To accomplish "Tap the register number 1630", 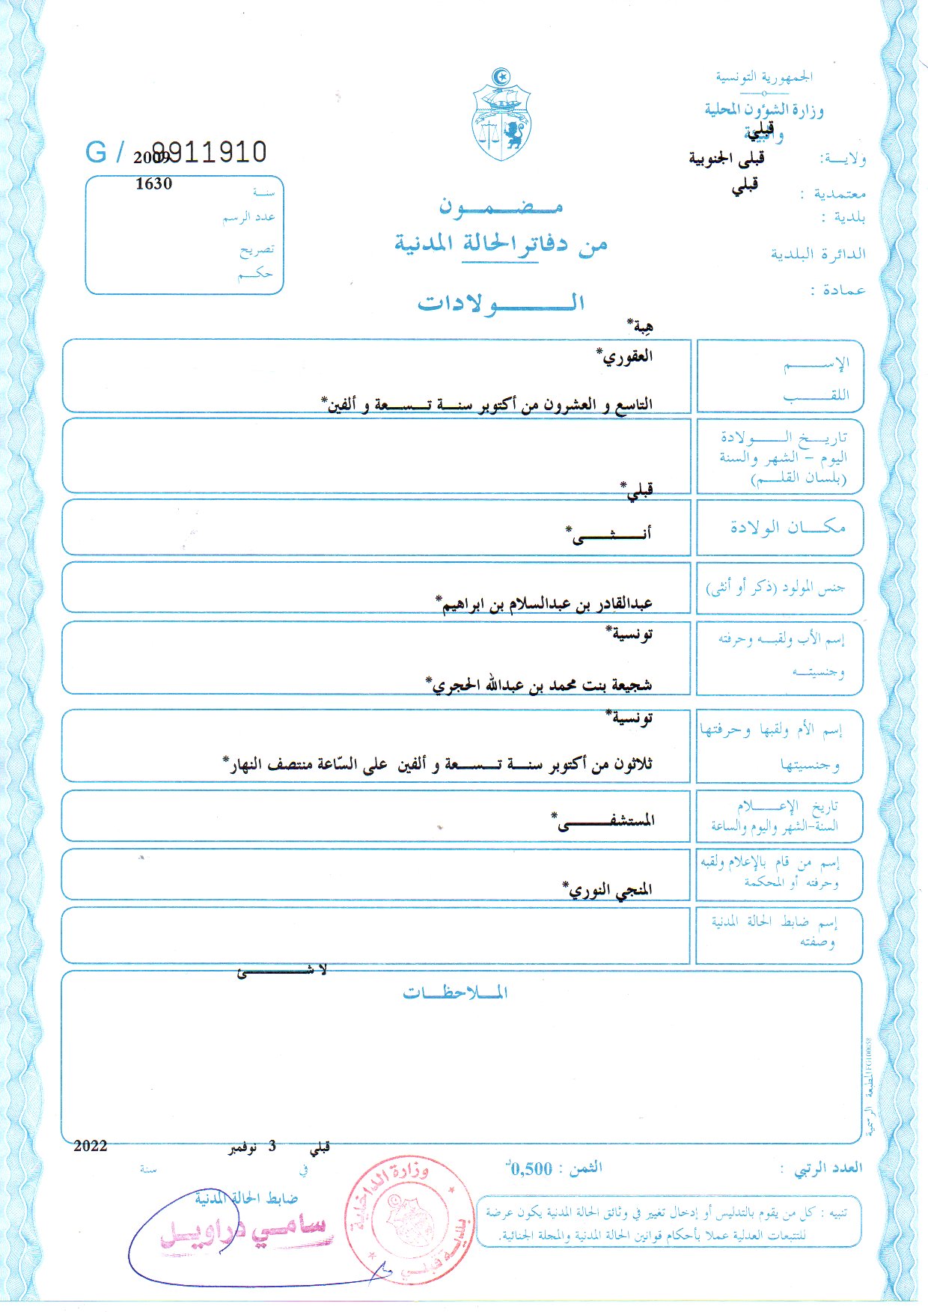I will point(153,183).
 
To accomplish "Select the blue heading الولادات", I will point(501,303).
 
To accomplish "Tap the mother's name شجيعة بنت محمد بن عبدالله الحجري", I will point(539,684).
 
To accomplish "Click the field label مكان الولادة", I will point(788,527).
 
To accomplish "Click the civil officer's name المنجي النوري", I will point(607,890).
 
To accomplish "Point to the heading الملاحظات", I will point(455,993).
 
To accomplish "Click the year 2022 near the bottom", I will point(91,1146).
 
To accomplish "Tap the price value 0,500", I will point(531,1169).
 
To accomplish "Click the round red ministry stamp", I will point(409,1220).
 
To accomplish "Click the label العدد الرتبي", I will point(828,1168).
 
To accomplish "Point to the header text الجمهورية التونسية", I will point(764,76).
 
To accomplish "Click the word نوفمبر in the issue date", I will point(244,1147).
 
